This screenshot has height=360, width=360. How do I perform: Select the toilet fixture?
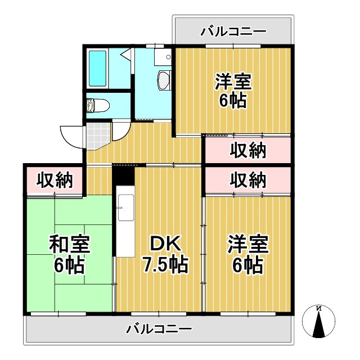(x=99, y=105)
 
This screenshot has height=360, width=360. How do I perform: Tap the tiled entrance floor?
(x=95, y=135)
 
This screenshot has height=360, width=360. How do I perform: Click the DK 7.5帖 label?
(x=160, y=254)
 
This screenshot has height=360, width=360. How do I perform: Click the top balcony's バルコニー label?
(x=233, y=31)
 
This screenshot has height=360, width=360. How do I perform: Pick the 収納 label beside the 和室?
(x=55, y=181)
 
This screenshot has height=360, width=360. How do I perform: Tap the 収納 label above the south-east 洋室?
(x=248, y=181)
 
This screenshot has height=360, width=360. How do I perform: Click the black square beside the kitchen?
(x=123, y=175)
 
